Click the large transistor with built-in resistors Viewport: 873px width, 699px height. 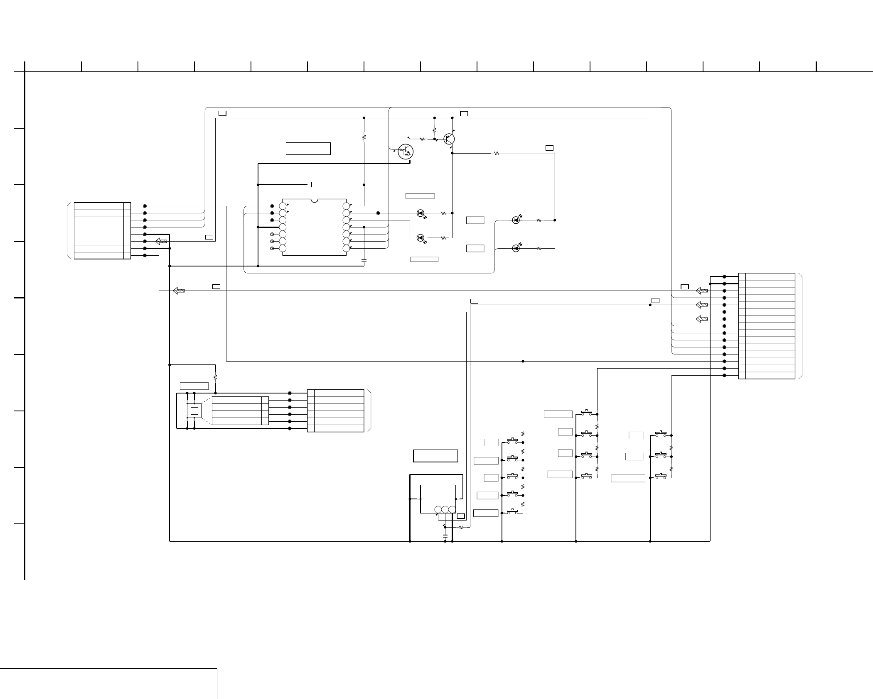(405, 152)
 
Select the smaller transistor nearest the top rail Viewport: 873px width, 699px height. (449, 139)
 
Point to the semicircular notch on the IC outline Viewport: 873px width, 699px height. (315, 200)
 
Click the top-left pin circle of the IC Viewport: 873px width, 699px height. (283, 206)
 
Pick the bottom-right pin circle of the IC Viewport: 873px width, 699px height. (346, 248)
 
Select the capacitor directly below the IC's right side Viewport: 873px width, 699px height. (364, 260)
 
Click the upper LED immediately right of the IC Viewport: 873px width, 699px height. (420, 213)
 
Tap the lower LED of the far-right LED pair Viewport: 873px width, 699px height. (516, 248)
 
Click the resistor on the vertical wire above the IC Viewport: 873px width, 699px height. (364, 137)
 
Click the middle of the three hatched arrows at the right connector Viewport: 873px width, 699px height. (701, 305)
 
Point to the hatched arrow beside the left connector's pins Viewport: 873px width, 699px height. (161, 241)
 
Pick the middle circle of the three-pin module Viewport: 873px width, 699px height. (445, 510)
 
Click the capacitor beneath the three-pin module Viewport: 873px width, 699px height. (445, 536)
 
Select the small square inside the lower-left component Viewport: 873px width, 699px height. (194, 411)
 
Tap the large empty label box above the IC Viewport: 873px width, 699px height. (308, 149)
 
